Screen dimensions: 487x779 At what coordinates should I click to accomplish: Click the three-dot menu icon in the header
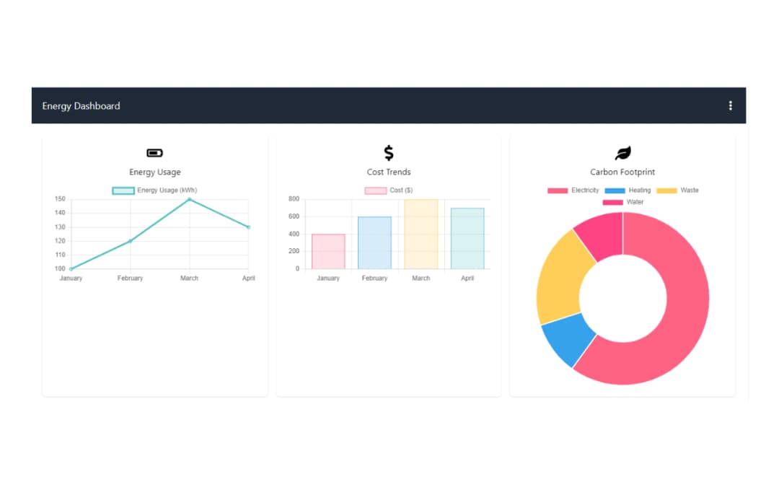click(x=730, y=105)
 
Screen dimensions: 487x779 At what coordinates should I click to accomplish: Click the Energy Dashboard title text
click(x=81, y=106)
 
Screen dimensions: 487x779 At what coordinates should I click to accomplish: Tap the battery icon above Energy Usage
click(x=155, y=153)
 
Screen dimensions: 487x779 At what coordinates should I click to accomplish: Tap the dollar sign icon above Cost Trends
click(x=389, y=153)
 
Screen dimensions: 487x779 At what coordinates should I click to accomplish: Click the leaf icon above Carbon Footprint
click(x=622, y=153)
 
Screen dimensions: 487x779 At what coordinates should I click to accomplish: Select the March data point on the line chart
click(x=189, y=199)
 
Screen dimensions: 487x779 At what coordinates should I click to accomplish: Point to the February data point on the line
click(x=130, y=241)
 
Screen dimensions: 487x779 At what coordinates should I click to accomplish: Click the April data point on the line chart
click(x=248, y=227)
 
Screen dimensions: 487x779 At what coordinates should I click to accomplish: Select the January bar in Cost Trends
click(x=328, y=251)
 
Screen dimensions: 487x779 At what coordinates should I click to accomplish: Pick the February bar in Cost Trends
click(x=374, y=242)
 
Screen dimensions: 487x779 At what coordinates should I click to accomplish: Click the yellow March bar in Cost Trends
click(x=421, y=234)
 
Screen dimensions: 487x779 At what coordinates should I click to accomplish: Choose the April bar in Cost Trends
click(x=467, y=238)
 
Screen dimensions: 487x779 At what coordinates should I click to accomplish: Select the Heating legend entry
click(x=628, y=190)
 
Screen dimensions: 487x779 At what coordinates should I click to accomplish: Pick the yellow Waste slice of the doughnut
click(x=563, y=278)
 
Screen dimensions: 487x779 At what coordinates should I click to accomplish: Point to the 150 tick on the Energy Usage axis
click(x=60, y=199)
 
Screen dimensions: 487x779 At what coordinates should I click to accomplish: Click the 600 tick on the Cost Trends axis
click(x=294, y=216)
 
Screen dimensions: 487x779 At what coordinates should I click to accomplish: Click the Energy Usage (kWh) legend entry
click(x=155, y=190)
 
